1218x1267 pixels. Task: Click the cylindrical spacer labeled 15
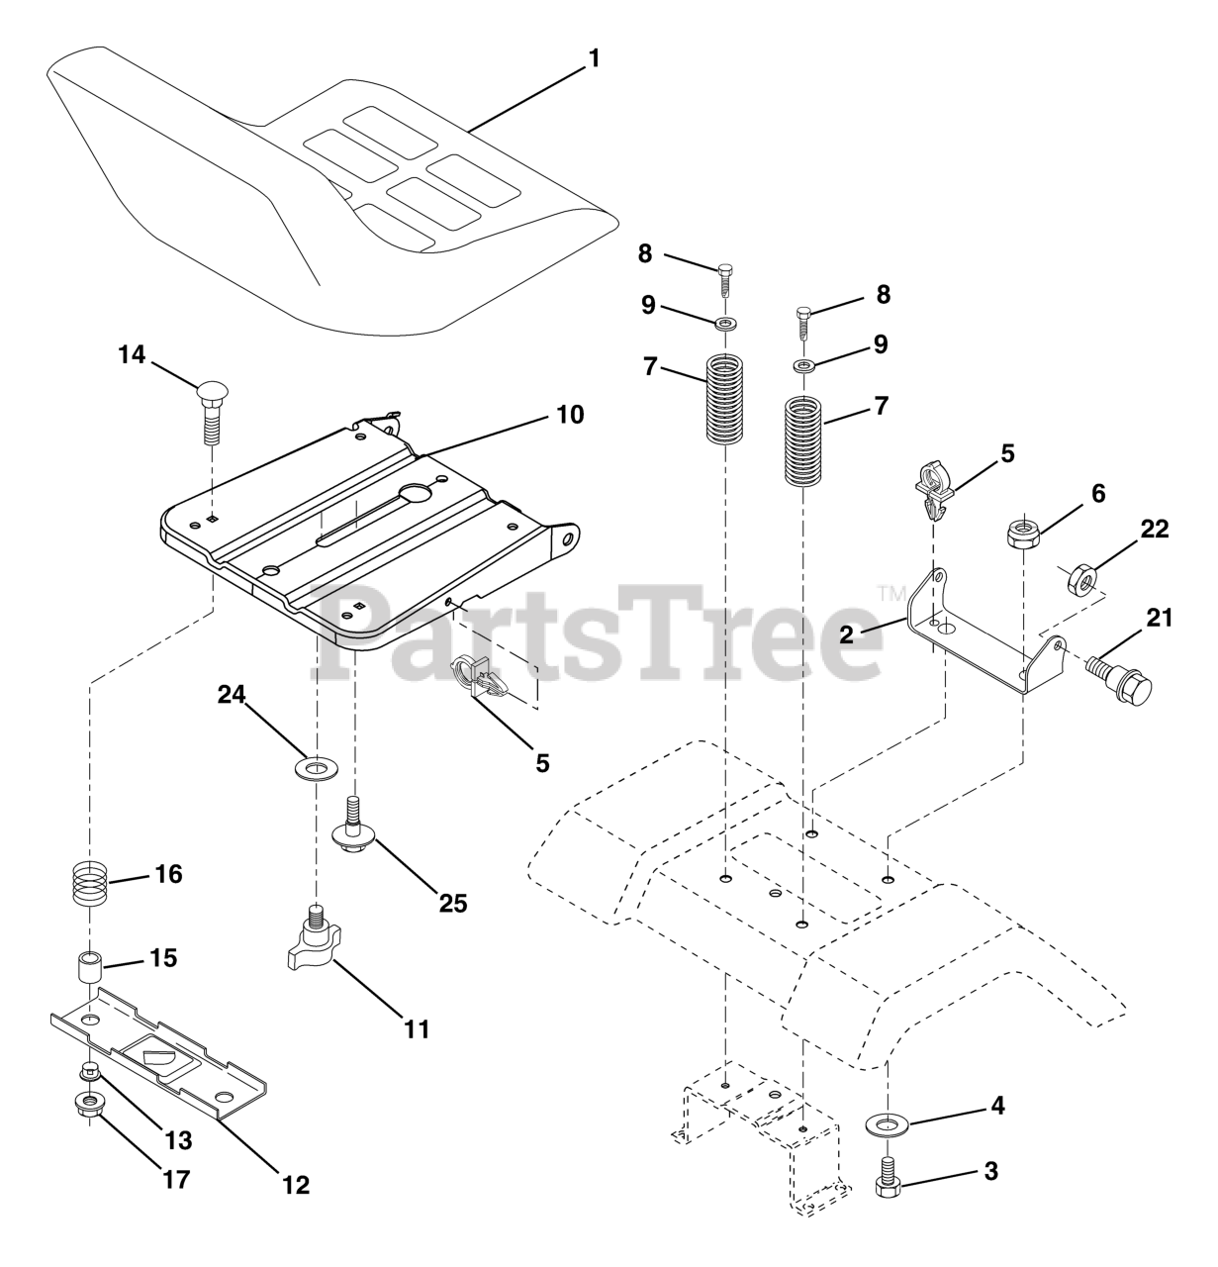pos(89,966)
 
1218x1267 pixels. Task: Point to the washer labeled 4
pos(887,1125)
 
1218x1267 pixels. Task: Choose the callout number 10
pos(570,416)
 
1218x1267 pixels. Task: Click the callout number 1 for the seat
pos(593,59)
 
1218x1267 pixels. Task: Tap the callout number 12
pos(296,1186)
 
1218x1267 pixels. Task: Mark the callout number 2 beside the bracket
pos(846,634)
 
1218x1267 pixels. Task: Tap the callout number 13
pos(178,1140)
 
